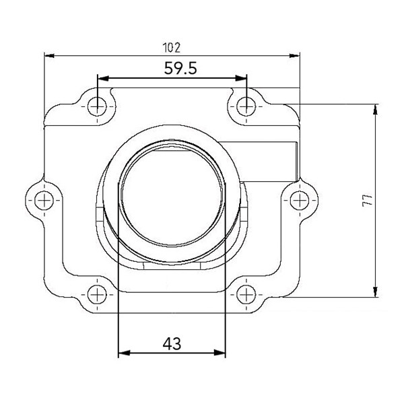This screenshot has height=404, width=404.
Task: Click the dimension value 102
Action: pyautogui.click(x=172, y=47)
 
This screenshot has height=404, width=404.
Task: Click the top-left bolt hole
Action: pyautogui.click(x=98, y=104)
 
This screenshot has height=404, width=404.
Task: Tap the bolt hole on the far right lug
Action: pyautogui.click(x=300, y=199)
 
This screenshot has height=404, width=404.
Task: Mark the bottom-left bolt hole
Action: pyautogui.click(x=98, y=294)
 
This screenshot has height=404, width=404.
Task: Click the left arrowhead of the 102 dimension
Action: pyautogui.click(x=48, y=56)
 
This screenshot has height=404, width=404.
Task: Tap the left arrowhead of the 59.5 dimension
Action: pyautogui.click(x=102, y=77)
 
